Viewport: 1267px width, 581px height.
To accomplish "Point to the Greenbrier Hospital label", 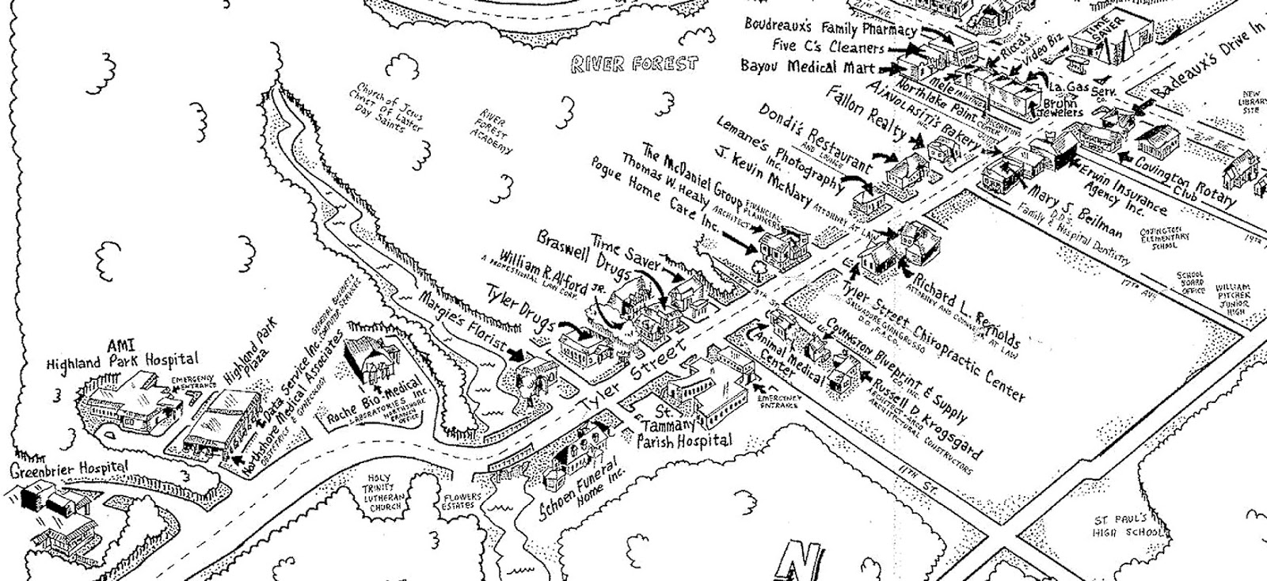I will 69,470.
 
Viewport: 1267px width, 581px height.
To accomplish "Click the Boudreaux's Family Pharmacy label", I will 830,27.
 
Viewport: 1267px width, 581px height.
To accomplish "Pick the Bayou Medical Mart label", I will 808,66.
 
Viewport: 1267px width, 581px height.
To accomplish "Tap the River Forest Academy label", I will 494,131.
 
